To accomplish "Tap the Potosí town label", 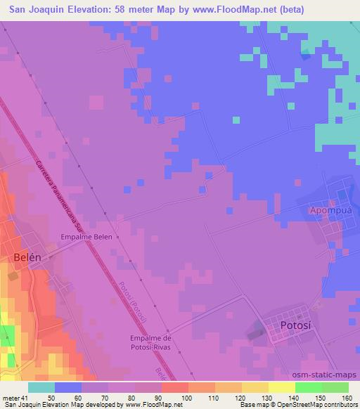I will pos(296,326).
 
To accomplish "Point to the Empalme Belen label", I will pos(87,237).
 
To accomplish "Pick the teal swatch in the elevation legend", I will pos(41,387).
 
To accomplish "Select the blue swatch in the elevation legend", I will pos(68,387).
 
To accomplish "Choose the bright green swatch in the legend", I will pos(309,387).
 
